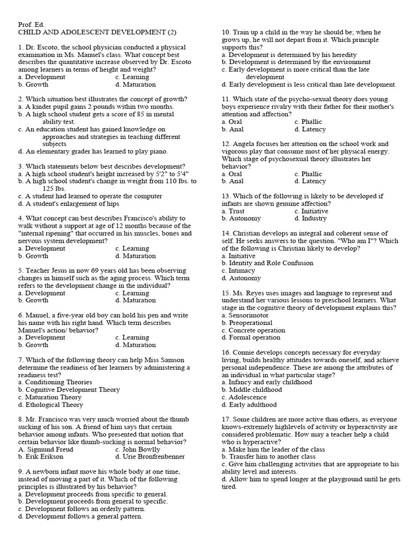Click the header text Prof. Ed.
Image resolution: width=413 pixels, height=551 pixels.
click(31, 25)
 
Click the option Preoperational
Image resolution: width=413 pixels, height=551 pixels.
click(251, 323)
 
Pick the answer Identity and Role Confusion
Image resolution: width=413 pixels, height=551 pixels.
click(267, 263)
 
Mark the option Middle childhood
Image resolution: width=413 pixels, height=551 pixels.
click(255, 390)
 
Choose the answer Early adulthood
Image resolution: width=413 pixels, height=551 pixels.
click(253, 405)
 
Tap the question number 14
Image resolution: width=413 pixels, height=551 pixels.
click(226, 234)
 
